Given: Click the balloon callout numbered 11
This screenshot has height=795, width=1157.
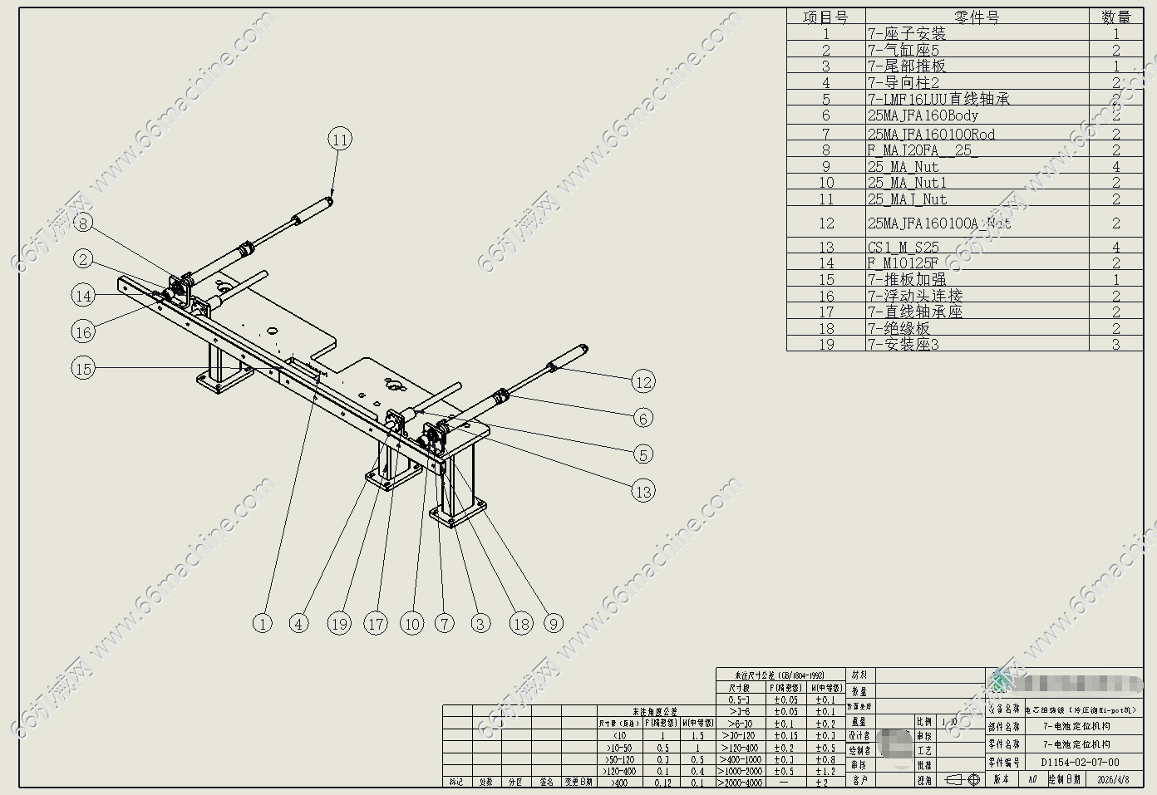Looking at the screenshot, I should click(x=340, y=140).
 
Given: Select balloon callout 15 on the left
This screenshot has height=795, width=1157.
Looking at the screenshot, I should click(x=83, y=368).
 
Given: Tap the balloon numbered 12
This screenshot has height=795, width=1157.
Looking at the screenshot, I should click(x=643, y=382).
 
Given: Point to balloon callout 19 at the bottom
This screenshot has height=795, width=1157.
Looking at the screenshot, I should click(x=339, y=624).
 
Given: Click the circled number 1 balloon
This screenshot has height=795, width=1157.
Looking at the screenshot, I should click(x=263, y=624).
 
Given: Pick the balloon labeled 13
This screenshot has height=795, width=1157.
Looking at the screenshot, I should click(x=643, y=491).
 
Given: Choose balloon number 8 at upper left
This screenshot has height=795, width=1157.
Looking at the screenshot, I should click(x=83, y=223).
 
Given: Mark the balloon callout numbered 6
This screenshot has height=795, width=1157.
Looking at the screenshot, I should click(x=643, y=418).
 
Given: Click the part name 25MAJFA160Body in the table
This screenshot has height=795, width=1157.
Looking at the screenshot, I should click(x=923, y=116).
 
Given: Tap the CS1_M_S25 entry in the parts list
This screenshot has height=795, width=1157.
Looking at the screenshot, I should click(x=903, y=248).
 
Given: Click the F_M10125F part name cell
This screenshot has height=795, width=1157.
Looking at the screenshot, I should click(x=903, y=263).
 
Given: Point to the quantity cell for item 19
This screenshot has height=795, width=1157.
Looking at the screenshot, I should click(x=1115, y=345).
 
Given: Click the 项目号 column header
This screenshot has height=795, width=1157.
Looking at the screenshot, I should click(x=825, y=17).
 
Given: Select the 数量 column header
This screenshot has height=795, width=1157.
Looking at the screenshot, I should click(x=1115, y=17).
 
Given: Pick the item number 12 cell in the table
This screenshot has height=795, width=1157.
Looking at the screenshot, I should click(x=825, y=223).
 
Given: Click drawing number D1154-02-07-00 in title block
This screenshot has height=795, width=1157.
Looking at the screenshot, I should click(x=1080, y=763).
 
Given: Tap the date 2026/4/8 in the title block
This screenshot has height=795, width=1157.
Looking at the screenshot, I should click(x=1114, y=780).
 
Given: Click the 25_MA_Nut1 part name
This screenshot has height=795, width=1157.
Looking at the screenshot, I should click(x=907, y=183).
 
